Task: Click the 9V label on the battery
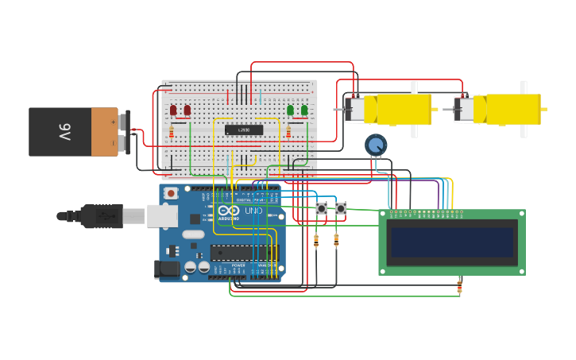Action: coord(64,131)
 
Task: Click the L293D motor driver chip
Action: coord(244,130)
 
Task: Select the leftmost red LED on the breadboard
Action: coord(173,110)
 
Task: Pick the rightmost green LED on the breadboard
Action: coord(304,110)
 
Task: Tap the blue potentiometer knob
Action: coord(376,145)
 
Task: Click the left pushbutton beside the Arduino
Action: coord(322,208)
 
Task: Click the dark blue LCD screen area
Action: coord(451,242)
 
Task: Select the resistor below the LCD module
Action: coord(459,287)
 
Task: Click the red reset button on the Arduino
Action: coord(171,193)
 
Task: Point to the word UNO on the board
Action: coord(253,211)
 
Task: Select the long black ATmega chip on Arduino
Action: coord(244,254)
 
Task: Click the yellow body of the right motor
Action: coord(512,110)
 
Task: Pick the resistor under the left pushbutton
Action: coord(317,240)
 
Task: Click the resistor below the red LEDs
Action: coord(172,133)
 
